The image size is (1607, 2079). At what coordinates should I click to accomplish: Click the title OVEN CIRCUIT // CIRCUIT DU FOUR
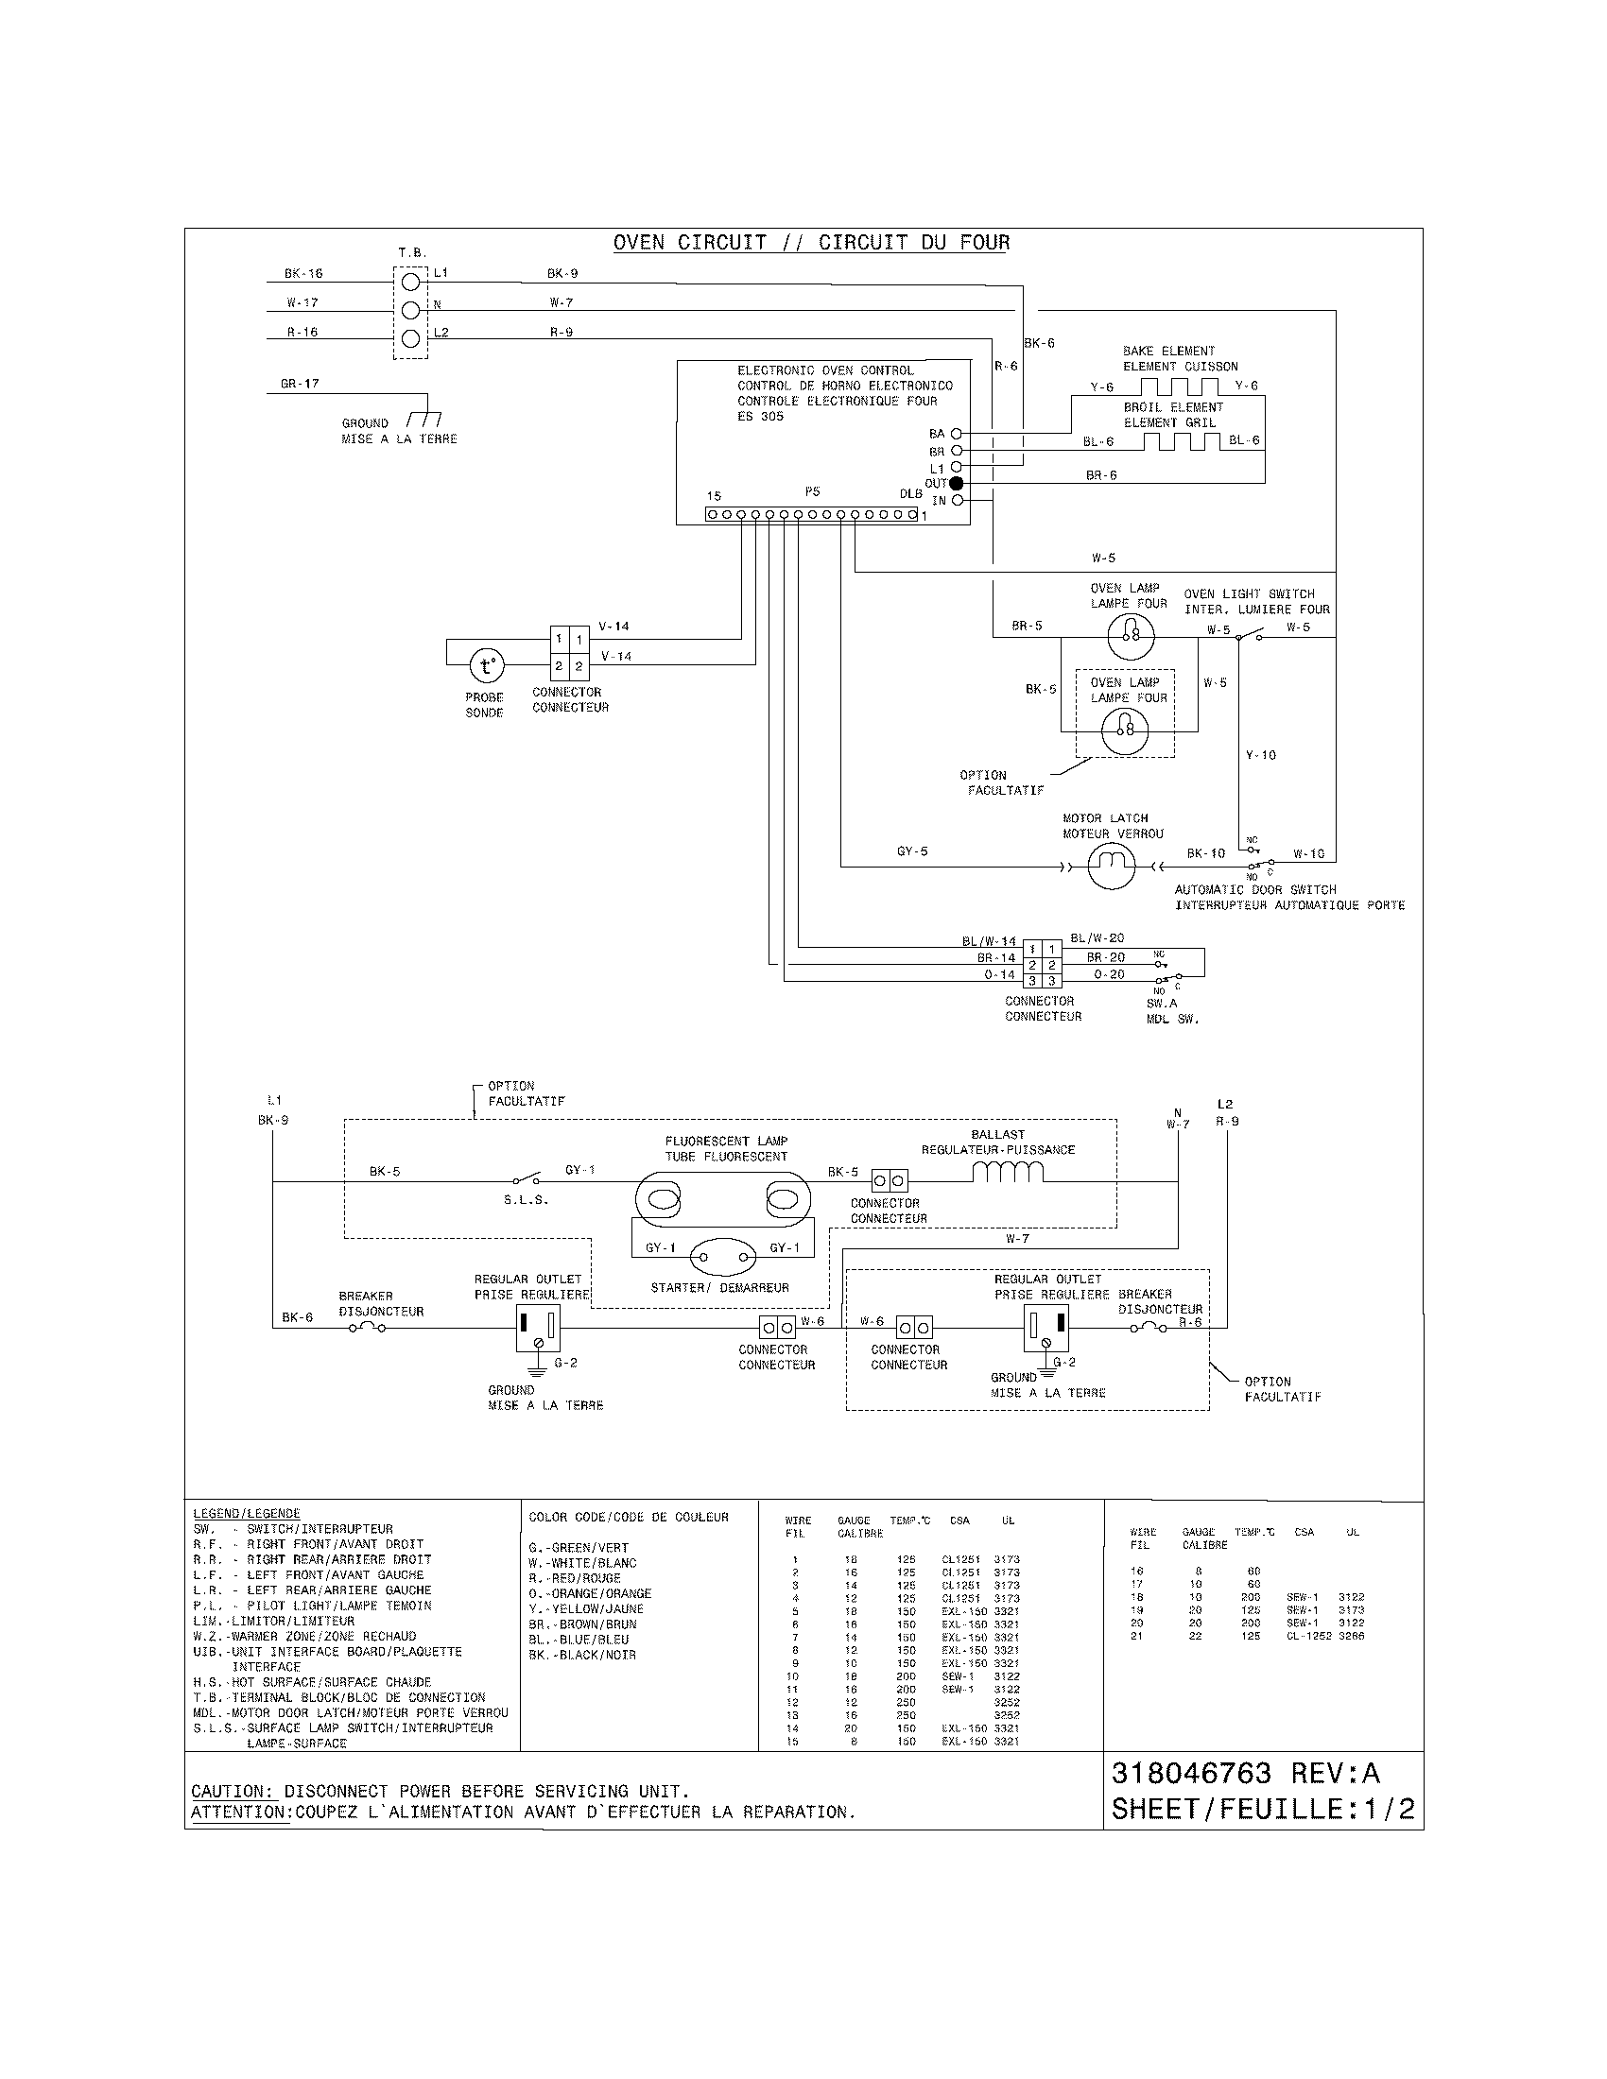coord(811,243)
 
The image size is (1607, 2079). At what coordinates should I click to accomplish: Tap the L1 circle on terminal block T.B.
coord(410,282)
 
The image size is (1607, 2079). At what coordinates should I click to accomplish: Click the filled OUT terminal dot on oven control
coord(957,484)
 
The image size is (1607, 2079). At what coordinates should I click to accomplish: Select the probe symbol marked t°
coord(487,664)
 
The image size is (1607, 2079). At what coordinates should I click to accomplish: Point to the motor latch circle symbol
coord(1111,866)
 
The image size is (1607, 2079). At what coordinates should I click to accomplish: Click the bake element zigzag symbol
coord(1180,386)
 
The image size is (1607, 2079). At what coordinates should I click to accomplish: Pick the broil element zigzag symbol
coord(1181,440)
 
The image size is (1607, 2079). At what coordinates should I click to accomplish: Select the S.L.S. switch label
coord(526,1200)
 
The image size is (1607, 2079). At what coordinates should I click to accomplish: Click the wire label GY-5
coord(912,851)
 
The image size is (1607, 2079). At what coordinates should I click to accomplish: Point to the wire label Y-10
coord(1260,755)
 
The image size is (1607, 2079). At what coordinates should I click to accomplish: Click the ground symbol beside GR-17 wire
coord(423,419)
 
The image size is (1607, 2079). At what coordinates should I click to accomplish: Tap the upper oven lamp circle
coord(1131,637)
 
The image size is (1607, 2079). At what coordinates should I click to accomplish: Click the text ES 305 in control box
coord(760,417)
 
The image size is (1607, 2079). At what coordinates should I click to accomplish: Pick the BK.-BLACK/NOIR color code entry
coord(581,1656)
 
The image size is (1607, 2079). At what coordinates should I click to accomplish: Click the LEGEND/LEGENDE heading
coord(247,1514)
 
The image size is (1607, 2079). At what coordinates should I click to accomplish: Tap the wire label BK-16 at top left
coord(303,273)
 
